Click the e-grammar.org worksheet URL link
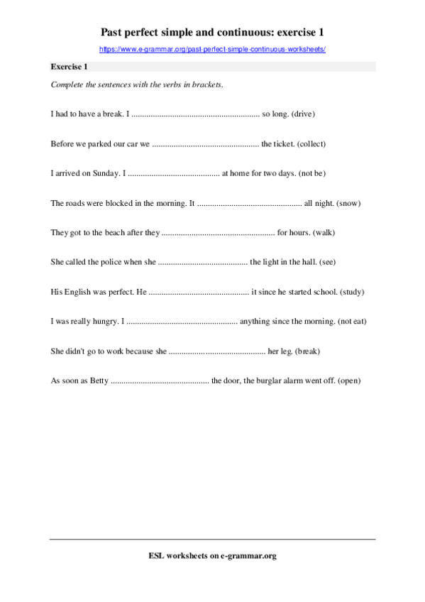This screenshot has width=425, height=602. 212,49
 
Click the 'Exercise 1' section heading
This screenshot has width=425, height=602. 69,67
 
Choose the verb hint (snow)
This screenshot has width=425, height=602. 348,203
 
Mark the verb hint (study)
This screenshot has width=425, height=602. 352,292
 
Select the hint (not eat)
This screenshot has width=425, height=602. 352,322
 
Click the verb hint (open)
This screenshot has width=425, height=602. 349,381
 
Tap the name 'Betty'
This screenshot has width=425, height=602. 99,381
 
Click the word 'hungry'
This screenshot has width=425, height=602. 104,322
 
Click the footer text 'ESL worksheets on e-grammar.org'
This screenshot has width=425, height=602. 212,556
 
